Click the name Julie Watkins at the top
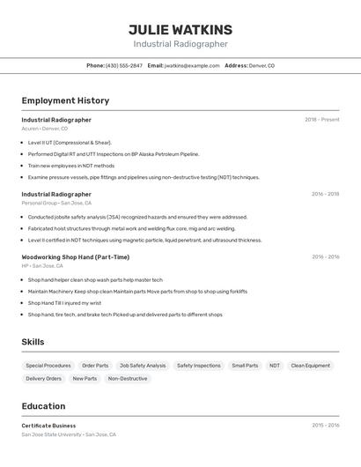tap(180, 30)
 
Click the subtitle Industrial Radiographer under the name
tap(180, 44)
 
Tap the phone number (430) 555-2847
tap(124, 66)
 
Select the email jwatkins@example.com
tap(192, 66)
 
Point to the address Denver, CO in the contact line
tap(262, 66)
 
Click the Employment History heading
tap(65, 100)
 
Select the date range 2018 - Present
tap(321, 120)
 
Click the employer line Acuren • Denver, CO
tap(44, 129)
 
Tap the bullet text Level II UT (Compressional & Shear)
tap(70, 142)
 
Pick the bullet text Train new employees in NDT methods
tap(71, 166)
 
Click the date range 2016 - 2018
tap(325, 194)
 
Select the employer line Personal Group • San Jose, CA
tap(56, 203)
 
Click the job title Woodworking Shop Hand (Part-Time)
tap(76, 257)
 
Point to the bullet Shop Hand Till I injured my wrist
tap(64, 302)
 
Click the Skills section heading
tap(33, 342)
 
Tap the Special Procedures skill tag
tap(48, 366)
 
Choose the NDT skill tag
tap(275, 366)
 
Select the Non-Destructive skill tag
tap(128, 379)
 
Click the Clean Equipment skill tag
tap(311, 366)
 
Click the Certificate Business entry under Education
tap(48, 426)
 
